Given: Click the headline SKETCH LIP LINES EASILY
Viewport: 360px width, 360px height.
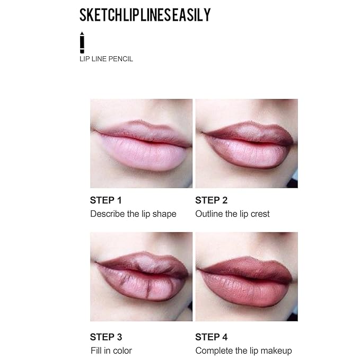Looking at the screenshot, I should coord(145,15).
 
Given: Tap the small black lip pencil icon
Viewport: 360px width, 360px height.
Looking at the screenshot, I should coord(82,42).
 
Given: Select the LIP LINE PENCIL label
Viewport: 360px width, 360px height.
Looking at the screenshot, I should coord(106,59).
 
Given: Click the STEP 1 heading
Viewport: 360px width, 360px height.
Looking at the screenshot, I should coord(106,200).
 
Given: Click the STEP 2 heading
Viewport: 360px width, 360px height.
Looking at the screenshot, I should coord(211,200).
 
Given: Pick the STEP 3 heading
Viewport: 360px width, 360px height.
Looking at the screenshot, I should coord(106,337).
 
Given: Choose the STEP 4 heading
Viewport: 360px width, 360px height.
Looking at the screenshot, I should coord(211,337).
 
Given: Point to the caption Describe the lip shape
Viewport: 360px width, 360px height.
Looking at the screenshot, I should coord(133,214).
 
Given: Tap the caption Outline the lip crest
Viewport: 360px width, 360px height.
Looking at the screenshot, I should coord(232,214).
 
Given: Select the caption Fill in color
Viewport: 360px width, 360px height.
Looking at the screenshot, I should coord(111,350).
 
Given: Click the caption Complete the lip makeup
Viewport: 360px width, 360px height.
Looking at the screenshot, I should coord(243,350).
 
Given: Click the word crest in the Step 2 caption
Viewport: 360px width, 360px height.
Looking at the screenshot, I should coord(259,214).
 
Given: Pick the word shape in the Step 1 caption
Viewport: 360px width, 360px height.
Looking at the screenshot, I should coord(165,214).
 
